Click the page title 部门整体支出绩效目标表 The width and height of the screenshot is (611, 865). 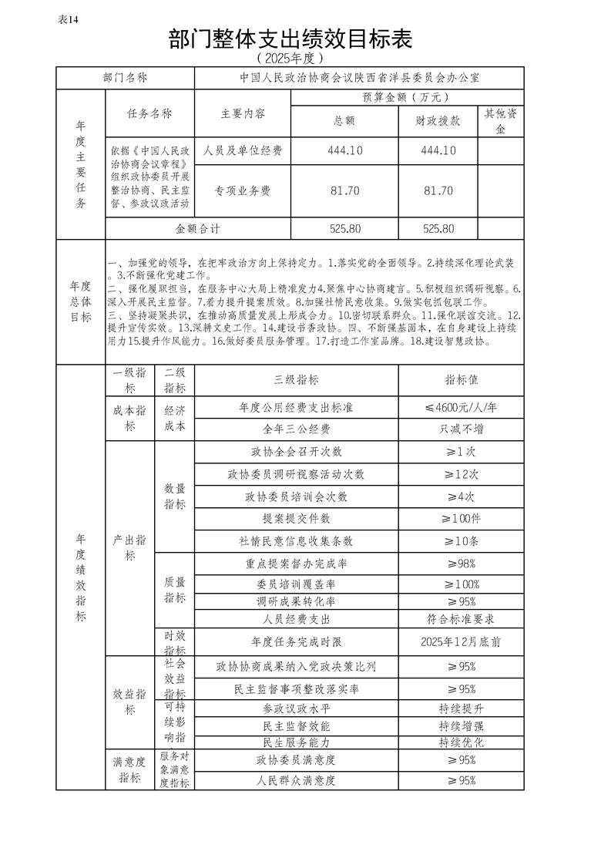click(x=290, y=39)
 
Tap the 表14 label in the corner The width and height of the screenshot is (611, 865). click(x=69, y=19)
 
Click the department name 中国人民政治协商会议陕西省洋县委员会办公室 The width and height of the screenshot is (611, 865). click(x=359, y=78)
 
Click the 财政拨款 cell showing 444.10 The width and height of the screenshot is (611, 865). click(x=438, y=151)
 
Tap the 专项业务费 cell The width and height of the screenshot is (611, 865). click(x=243, y=190)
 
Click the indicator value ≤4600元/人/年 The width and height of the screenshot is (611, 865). click(x=461, y=407)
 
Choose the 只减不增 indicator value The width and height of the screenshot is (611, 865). click(x=461, y=429)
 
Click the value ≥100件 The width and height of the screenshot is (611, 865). click(x=461, y=519)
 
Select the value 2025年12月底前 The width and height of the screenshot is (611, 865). click(x=461, y=641)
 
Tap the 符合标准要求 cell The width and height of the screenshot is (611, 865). click(x=461, y=618)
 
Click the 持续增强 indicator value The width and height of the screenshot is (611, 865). click(x=461, y=725)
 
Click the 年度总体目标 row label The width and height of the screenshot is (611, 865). click(x=80, y=301)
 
